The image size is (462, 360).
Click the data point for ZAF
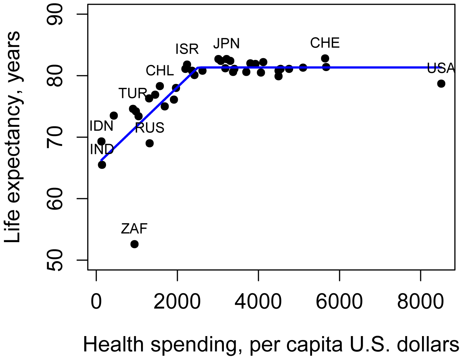134,244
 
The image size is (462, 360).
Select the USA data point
441,84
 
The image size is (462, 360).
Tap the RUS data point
150,143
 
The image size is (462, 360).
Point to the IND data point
102,165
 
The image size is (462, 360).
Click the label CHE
325,43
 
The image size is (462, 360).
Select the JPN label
226,44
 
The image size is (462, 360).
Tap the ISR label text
187,49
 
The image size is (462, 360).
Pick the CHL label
160,71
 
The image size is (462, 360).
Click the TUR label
133,94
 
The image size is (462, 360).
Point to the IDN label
101,126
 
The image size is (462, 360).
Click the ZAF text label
134,229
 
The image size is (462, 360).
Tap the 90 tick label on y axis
55,14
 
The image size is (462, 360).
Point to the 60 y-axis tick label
55,199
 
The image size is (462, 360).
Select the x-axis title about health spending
271,345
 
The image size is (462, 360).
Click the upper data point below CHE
325,58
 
